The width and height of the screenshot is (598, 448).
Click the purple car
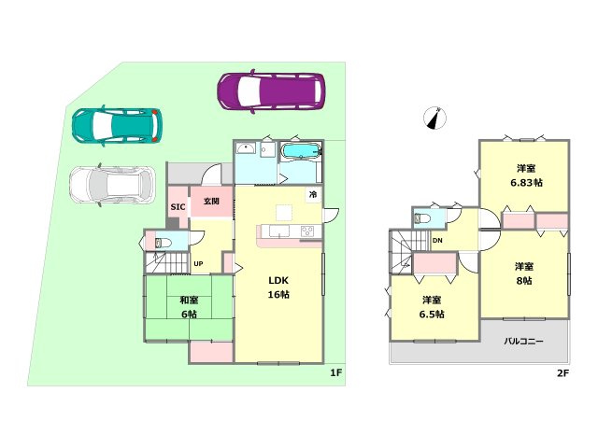pyautogui.click(x=271, y=91)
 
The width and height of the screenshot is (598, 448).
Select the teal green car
pyautogui.click(x=117, y=125)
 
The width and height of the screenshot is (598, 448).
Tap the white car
pyautogui.click(x=112, y=185)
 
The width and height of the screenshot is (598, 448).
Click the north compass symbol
pyautogui.click(x=434, y=119)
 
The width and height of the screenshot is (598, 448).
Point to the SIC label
pyautogui.click(x=178, y=207)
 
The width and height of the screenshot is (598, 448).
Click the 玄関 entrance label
pyautogui.click(x=211, y=201)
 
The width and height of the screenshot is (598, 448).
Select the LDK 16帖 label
pyautogui.click(x=278, y=287)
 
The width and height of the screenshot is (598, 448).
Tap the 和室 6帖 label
pyautogui.click(x=189, y=307)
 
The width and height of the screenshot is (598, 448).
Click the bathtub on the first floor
pyautogui.click(x=301, y=151)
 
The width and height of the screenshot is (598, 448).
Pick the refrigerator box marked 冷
pyautogui.click(x=313, y=195)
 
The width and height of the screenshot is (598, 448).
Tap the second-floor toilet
pyautogui.click(x=422, y=218)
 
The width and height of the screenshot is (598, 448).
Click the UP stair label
pyautogui.click(x=198, y=263)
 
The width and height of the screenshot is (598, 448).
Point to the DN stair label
pyautogui.click(x=437, y=241)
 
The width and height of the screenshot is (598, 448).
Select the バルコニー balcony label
pyautogui.click(x=523, y=341)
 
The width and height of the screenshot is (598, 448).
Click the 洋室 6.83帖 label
pyautogui.click(x=526, y=175)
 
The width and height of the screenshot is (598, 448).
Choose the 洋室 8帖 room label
pyautogui.click(x=524, y=273)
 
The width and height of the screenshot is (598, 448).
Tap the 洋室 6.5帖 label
pyautogui.click(x=432, y=307)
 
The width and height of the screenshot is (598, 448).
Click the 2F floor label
pyautogui.click(x=562, y=373)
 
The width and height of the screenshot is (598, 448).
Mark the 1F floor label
pyautogui.click(x=335, y=372)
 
